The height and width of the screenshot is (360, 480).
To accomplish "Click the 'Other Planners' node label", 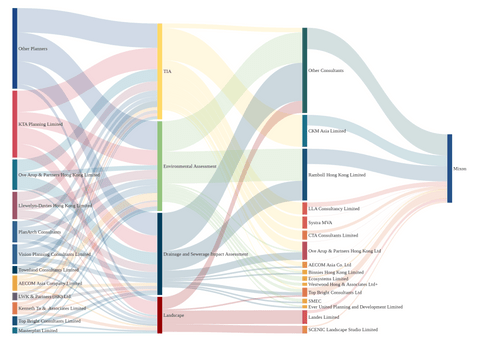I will (33, 48).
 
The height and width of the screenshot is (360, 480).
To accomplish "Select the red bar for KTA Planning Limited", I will (14, 123).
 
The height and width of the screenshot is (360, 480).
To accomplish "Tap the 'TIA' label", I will (167, 71).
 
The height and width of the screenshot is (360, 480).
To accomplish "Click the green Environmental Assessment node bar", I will (160, 165).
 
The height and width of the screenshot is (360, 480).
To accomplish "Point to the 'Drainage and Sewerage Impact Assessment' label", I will (206, 254).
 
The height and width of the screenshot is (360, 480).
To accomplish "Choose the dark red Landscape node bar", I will (160, 314).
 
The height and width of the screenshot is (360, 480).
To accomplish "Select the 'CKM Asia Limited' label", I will (327, 131).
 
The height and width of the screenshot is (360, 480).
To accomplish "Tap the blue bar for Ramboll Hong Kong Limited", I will (305, 174).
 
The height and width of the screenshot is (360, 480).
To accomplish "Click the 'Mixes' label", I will (460, 169).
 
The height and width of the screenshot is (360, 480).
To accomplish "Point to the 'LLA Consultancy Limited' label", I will (334, 208).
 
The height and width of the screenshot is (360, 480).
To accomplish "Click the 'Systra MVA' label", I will (321, 221).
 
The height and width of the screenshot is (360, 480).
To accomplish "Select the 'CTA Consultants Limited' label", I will (334, 235).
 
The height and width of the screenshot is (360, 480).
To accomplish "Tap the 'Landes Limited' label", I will (323, 317).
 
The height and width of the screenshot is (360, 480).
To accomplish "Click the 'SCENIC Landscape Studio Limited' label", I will (343, 329).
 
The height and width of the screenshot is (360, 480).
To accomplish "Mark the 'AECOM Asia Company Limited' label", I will (50, 283).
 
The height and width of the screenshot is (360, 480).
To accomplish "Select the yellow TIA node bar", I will (160, 70).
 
